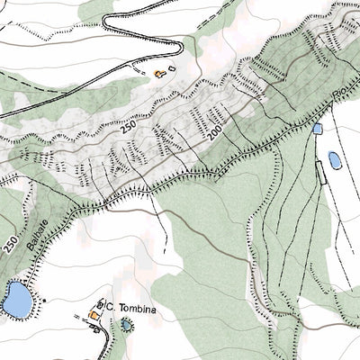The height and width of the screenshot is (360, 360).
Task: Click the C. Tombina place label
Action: (x=137, y=307)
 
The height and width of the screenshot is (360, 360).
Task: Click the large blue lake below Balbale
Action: (x=14, y=299)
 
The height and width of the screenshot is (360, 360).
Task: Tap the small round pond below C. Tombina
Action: (x=127, y=323)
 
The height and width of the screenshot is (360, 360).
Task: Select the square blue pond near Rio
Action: (x=317, y=130)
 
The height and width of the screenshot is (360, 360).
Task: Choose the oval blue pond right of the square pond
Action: (x=334, y=160)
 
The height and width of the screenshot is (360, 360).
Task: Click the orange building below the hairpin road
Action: (x=160, y=72)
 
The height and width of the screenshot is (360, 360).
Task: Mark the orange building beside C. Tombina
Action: (x=93, y=316)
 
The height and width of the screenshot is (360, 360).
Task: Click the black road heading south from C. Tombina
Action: (x=113, y=342)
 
